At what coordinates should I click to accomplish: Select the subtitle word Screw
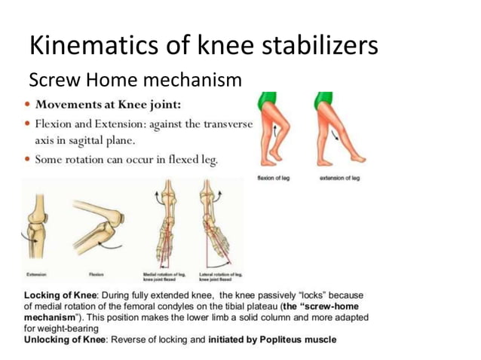click(x=52, y=81)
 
